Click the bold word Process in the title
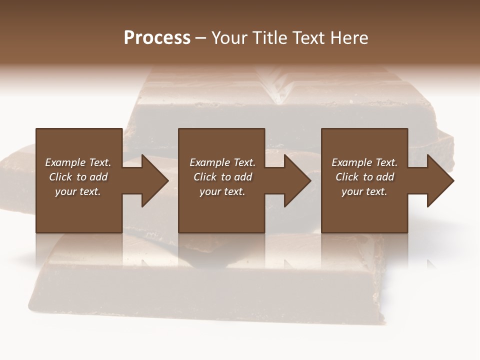[x=157, y=38]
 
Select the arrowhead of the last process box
[x=439, y=180]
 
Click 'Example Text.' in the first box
[x=78, y=162]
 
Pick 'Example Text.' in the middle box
[x=222, y=162]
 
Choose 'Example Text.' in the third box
[x=364, y=162]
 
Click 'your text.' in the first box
[x=78, y=191]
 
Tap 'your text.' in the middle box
[x=222, y=191]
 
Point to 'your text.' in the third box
[x=364, y=191]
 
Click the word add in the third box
[x=385, y=177]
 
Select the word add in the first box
[x=98, y=177]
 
